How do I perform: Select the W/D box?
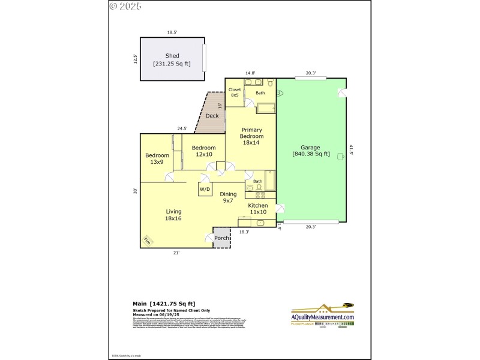(205, 189)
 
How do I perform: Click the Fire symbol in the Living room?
(147, 241)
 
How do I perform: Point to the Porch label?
(222, 238)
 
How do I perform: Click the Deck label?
(212, 116)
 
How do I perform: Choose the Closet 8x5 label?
(235, 92)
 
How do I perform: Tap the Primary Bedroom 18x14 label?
(252, 136)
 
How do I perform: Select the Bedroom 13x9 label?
(157, 159)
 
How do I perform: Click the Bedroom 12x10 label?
(203, 151)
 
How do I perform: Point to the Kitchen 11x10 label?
(258, 208)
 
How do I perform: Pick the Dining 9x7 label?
(228, 197)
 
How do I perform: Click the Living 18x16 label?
(173, 215)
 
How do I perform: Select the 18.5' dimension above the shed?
(173, 32)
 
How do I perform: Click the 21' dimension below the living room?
(176, 253)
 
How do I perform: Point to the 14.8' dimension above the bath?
(250, 74)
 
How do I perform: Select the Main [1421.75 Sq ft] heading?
(164, 304)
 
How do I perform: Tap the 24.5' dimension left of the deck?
(182, 128)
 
